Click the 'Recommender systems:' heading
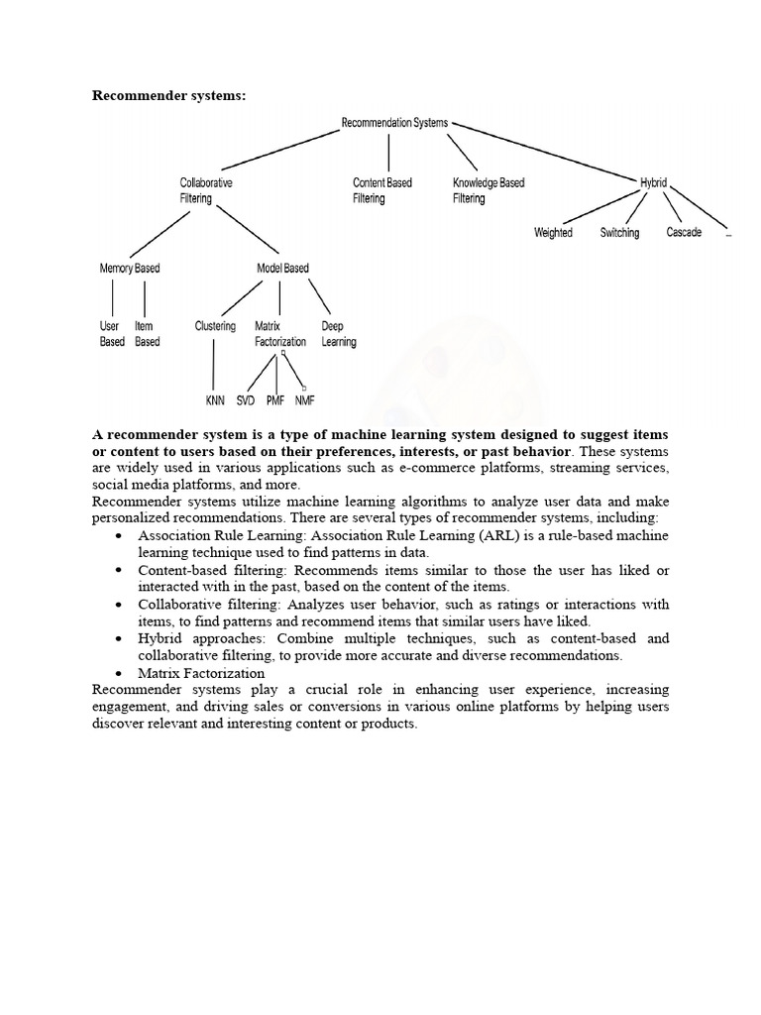pyautogui.click(x=168, y=96)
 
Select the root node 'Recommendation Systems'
pyautogui.click(x=394, y=123)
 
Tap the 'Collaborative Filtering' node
pyautogui.click(x=206, y=190)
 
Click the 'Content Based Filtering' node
pyautogui.click(x=382, y=190)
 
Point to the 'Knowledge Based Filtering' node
pyautogui.click(x=489, y=190)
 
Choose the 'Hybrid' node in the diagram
pyautogui.click(x=653, y=183)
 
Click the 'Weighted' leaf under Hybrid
pyautogui.click(x=553, y=233)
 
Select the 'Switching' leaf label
pyautogui.click(x=619, y=233)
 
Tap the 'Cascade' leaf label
pyautogui.click(x=684, y=233)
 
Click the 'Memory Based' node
pyautogui.click(x=130, y=269)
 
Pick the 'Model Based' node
pyautogui.click(x=282, y=269)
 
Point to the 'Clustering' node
pyautogui.click(x=215, y=326)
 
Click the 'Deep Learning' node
pyautogui.click(x=339, y=334)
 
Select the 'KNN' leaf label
pyautogui.click(x=215, y=400)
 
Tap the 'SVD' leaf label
pyautogui.click(x=245, y=400)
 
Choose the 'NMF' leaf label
pyautogui.click(x=303, y=400)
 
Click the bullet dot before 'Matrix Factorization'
pyautogui.click(x=119, y=673)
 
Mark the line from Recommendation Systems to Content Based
pyautogui.click(x=388, y=152)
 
